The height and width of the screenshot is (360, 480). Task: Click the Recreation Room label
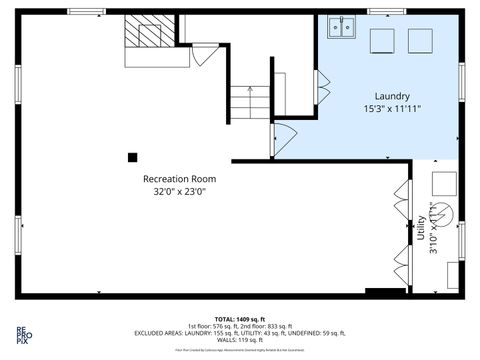click(179, 179)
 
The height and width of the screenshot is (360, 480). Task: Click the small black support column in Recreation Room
click(132, 156)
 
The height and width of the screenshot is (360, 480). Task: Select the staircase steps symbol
click(247, 99)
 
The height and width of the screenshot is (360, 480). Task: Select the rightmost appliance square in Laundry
click(420, 41)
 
